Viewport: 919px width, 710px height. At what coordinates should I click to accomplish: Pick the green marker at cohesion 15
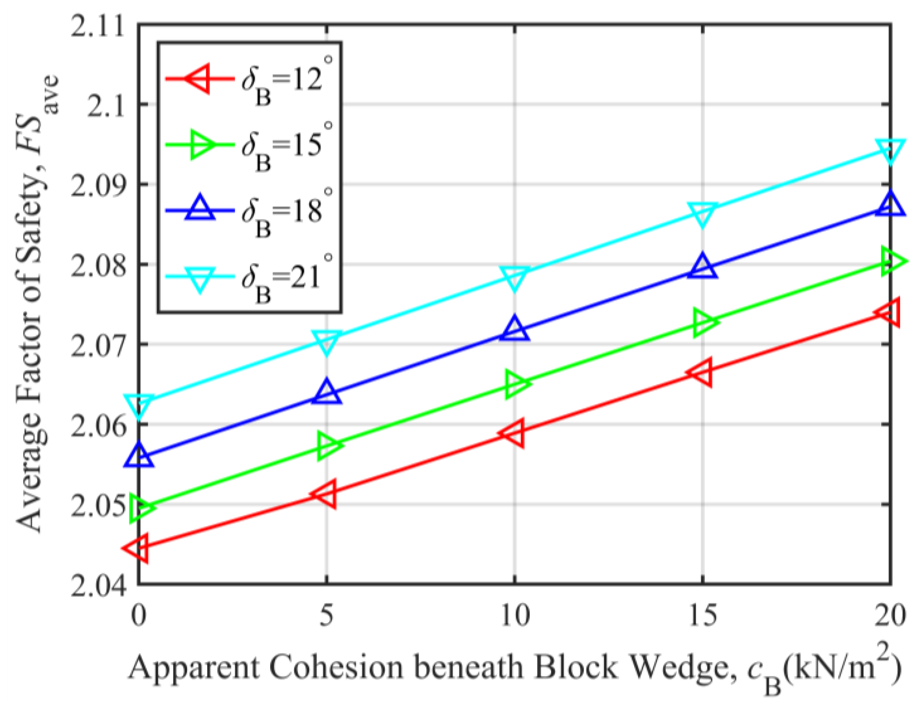(703, 322)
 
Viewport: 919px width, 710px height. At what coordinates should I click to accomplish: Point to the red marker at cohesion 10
(514, 433)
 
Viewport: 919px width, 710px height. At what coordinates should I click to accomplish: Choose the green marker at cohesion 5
(327, 445)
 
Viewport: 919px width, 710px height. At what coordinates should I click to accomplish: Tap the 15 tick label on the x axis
(703, 615)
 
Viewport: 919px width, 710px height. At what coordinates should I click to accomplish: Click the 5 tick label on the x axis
(326, 615)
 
